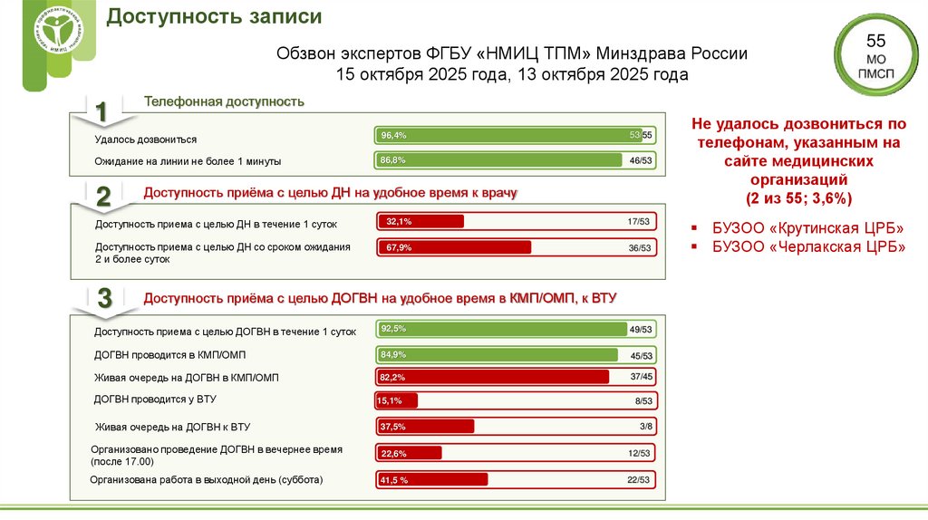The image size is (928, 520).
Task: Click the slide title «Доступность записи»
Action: tap(214, 17)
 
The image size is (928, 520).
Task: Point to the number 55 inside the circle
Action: tap(875, 41)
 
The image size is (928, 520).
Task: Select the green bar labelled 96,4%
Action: tap(508, 135)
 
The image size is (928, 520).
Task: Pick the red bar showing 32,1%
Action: tap(420, 221)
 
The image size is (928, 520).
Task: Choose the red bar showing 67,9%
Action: tap(454, 247)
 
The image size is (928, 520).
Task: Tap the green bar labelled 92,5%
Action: tap(502, 329)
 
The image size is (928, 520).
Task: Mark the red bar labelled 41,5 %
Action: tap(432, 479)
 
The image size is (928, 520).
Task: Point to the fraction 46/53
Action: tap(640, 160)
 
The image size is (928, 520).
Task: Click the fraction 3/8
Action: tap(645, 426)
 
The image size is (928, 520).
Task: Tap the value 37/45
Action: tap(640, 376)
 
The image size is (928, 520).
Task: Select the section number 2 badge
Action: tap(103, 197)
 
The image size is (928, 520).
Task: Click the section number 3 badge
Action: tap(103, 298)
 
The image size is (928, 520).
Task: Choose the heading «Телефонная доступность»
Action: tap(224, 101)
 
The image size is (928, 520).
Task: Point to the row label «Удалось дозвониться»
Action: tap(145, 140)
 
